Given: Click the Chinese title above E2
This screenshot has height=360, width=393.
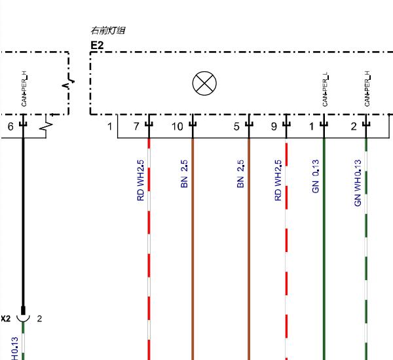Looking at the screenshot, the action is click(x=108, y=30).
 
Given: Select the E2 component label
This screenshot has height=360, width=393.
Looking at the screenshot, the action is click(x=97, y=45).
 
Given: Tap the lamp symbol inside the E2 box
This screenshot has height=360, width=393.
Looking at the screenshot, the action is click(x=204, y=83).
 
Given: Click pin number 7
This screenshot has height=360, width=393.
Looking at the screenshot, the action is click(x=136, y=126).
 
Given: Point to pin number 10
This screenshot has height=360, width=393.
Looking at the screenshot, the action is click(x=178, y=126).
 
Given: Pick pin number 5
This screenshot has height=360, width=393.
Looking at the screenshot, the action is click(x=236, y=126).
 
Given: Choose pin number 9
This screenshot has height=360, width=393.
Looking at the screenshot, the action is click(x=274, y=126).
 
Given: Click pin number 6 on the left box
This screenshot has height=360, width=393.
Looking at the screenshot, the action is click(x=10, y=126).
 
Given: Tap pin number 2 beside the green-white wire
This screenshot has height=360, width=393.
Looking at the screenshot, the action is click(x=354, y=126).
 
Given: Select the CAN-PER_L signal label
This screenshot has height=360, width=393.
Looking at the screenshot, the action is click(x=325, y=89).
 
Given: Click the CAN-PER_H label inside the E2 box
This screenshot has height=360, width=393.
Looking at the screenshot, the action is click(x=367, y=88).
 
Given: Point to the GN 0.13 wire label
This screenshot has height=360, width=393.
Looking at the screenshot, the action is click(x=316, y=176).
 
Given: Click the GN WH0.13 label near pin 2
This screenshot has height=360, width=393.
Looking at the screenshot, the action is click(x=358, y=183).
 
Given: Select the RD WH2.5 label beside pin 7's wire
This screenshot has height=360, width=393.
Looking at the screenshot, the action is click(x=141, y=181).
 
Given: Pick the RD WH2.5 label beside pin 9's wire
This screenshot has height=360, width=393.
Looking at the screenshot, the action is click(x=278, y=181).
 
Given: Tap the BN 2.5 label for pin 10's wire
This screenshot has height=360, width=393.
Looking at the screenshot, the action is click(x=184, y=174).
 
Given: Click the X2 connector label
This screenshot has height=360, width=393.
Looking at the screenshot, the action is click(x=5, y=319).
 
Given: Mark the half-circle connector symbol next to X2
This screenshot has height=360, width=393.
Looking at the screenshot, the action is click(x=23, y=320).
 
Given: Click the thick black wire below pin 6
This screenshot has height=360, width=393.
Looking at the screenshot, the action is click(x=24, y=223).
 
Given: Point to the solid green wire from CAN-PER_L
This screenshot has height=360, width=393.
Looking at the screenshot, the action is click(x=324, y=249).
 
